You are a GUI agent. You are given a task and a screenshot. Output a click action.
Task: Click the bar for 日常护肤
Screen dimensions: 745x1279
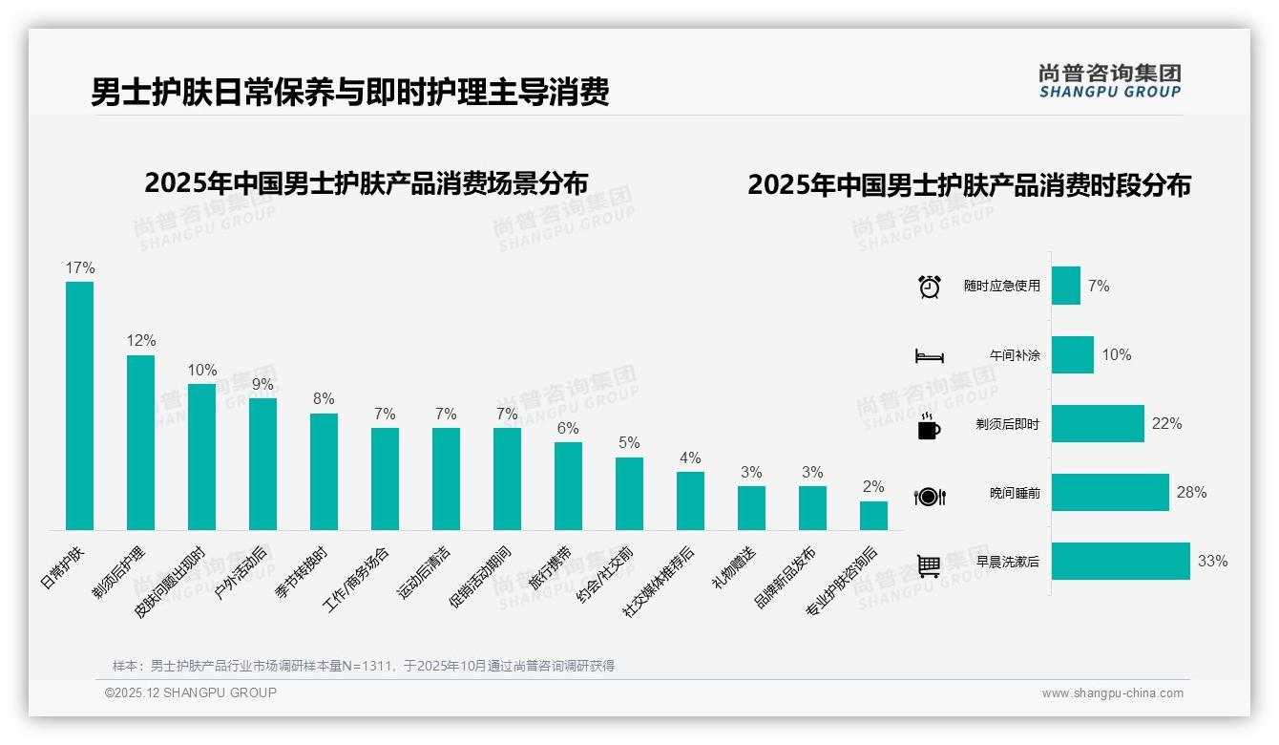coord(79,405)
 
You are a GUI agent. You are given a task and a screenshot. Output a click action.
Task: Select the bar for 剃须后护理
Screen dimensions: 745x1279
coord(140,442)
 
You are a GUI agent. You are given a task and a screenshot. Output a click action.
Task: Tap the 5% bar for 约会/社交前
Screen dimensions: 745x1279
coord(629,493)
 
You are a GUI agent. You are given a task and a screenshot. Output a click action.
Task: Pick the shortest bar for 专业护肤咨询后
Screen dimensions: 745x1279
coord(873,516)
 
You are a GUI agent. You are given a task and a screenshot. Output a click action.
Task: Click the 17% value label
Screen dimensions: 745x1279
coord(79,268)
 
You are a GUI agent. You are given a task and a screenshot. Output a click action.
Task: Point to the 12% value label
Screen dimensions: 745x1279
coord(140,341)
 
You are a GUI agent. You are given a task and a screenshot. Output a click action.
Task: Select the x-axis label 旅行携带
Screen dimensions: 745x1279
coord(550,568)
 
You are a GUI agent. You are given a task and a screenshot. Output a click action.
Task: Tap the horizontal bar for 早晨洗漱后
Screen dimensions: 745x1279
coord(1121,561)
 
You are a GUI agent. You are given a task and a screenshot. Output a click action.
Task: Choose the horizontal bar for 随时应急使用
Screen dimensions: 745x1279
coord(1066,286)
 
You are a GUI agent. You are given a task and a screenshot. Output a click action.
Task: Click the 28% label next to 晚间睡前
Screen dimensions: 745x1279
coord(1191,493)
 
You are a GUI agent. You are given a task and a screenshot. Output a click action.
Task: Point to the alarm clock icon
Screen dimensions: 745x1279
coord(930,287)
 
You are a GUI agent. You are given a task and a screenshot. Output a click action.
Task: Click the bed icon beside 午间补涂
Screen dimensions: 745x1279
coord(930,355)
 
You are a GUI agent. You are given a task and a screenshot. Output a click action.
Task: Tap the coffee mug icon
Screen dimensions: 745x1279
coord(929,427)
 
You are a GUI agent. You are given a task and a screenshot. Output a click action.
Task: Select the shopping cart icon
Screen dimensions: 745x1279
coord(930,564)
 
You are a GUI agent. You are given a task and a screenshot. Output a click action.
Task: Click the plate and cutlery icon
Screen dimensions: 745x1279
coord(930,496)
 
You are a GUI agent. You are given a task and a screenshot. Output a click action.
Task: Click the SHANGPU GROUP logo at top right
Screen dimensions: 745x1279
coord(1109,81)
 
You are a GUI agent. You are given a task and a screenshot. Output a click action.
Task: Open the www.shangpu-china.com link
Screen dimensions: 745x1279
coord(1112,693)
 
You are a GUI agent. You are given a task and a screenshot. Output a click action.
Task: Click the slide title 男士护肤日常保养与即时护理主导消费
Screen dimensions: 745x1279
coord(349,93)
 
